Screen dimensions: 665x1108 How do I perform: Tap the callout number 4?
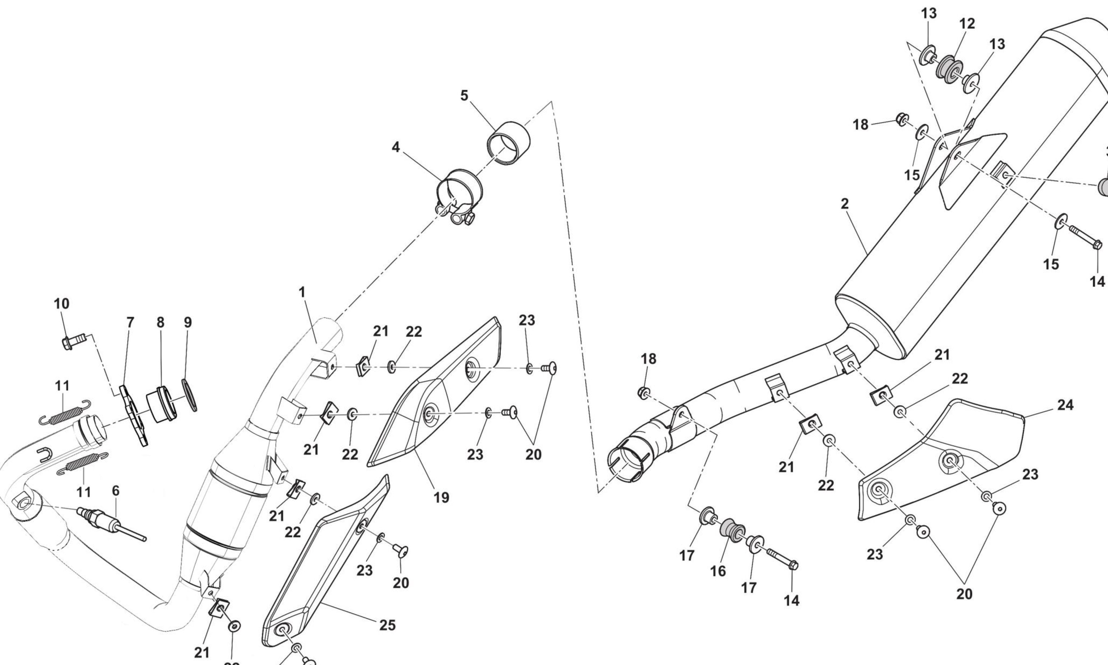tap(395, 147)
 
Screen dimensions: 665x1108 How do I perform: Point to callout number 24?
tap(1066, 405)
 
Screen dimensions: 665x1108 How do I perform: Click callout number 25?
tap(388, 625)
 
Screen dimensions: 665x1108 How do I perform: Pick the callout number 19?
tap(441, 498)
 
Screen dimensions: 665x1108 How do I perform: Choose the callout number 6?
tap(116, 491)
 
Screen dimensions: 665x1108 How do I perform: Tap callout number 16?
tap(718, 571)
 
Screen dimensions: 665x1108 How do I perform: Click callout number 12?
tap(967, 24)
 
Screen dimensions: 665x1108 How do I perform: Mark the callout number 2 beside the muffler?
tap(844, 204)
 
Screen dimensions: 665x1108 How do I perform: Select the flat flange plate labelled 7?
tap(134, 415)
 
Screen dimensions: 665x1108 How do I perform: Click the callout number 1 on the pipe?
tap(302, 292)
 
